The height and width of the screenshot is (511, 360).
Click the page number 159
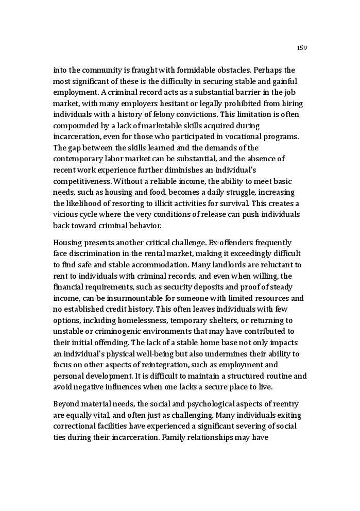pyautogui.click(x=302, y=48)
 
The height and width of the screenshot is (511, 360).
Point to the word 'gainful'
pyautogui.click(x=284, y=81)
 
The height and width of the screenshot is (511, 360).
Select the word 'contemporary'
pyautogui.click(x=78, y=159)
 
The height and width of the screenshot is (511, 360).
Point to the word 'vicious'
pyautogui.click(x=65, y=215)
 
